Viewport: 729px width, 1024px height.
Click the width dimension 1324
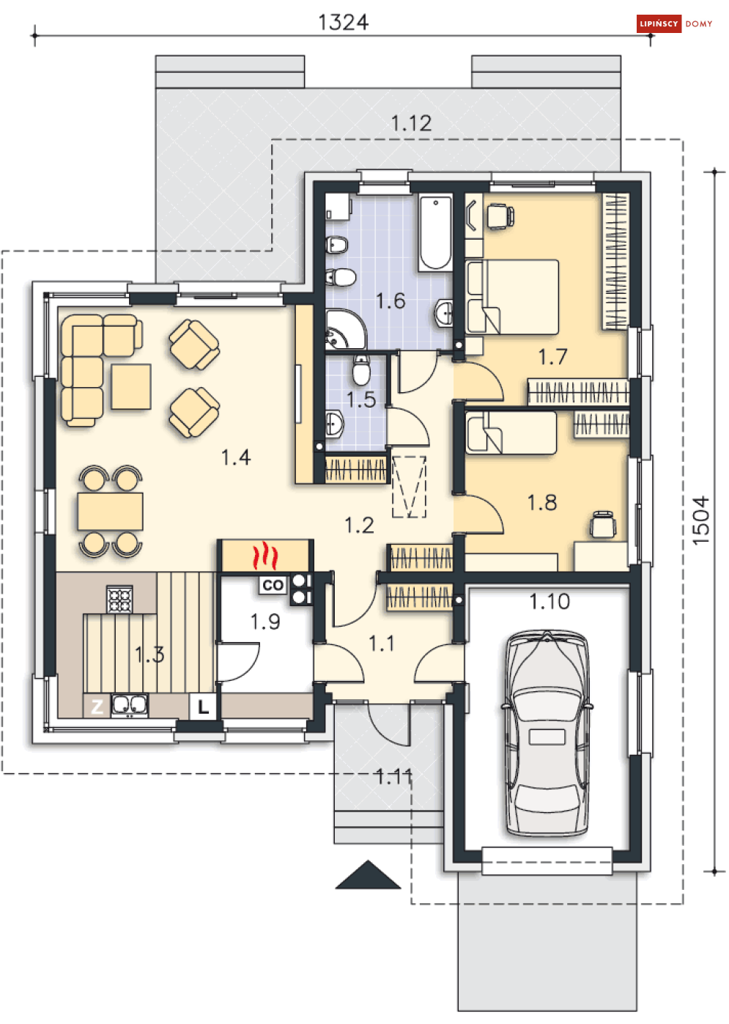pos(343,22)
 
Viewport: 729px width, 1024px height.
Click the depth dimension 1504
pos(700,520)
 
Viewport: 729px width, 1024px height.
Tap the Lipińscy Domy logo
pos(674,23)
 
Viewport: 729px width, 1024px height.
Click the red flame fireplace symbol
pos(265,556)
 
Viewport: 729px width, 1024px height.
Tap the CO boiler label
pos(273,585)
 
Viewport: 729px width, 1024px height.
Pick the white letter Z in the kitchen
pos(97,707)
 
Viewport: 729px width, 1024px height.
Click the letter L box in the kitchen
pos(203,707)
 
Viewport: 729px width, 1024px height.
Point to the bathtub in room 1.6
pos(436,232)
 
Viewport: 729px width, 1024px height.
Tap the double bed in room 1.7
pos(512,297)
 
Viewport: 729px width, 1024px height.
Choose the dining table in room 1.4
pos(110,511)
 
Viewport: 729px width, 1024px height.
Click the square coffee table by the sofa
pos(131,386)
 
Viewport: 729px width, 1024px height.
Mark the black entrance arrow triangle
pos(368,875)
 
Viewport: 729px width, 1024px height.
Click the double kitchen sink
pos(130,705)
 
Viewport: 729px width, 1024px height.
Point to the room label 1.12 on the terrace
pos(411,123)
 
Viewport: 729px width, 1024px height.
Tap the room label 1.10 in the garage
pos(549,602)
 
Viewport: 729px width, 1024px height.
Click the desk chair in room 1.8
pos(603,523)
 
